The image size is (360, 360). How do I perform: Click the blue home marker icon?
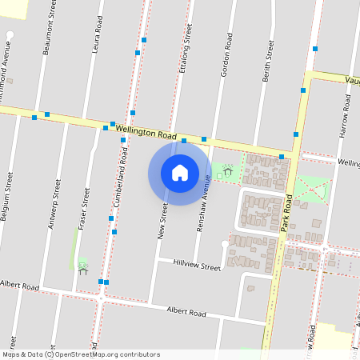pyautogui.click(x=180, y=172)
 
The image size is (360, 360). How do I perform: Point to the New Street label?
pyautogui.click(x=162, y=221)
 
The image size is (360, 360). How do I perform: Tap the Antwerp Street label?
pyautogui.click(x=54, y=205)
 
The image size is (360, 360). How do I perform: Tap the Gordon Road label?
pyautogui.click(x=226, y=54)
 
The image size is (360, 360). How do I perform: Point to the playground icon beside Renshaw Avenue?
pyautogui.click(x=228, y=170)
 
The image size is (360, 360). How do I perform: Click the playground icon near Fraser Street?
pyautogui.click(x=82, y=266)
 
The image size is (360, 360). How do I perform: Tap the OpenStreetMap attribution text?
pyautogui.click(x=81, y=354)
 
